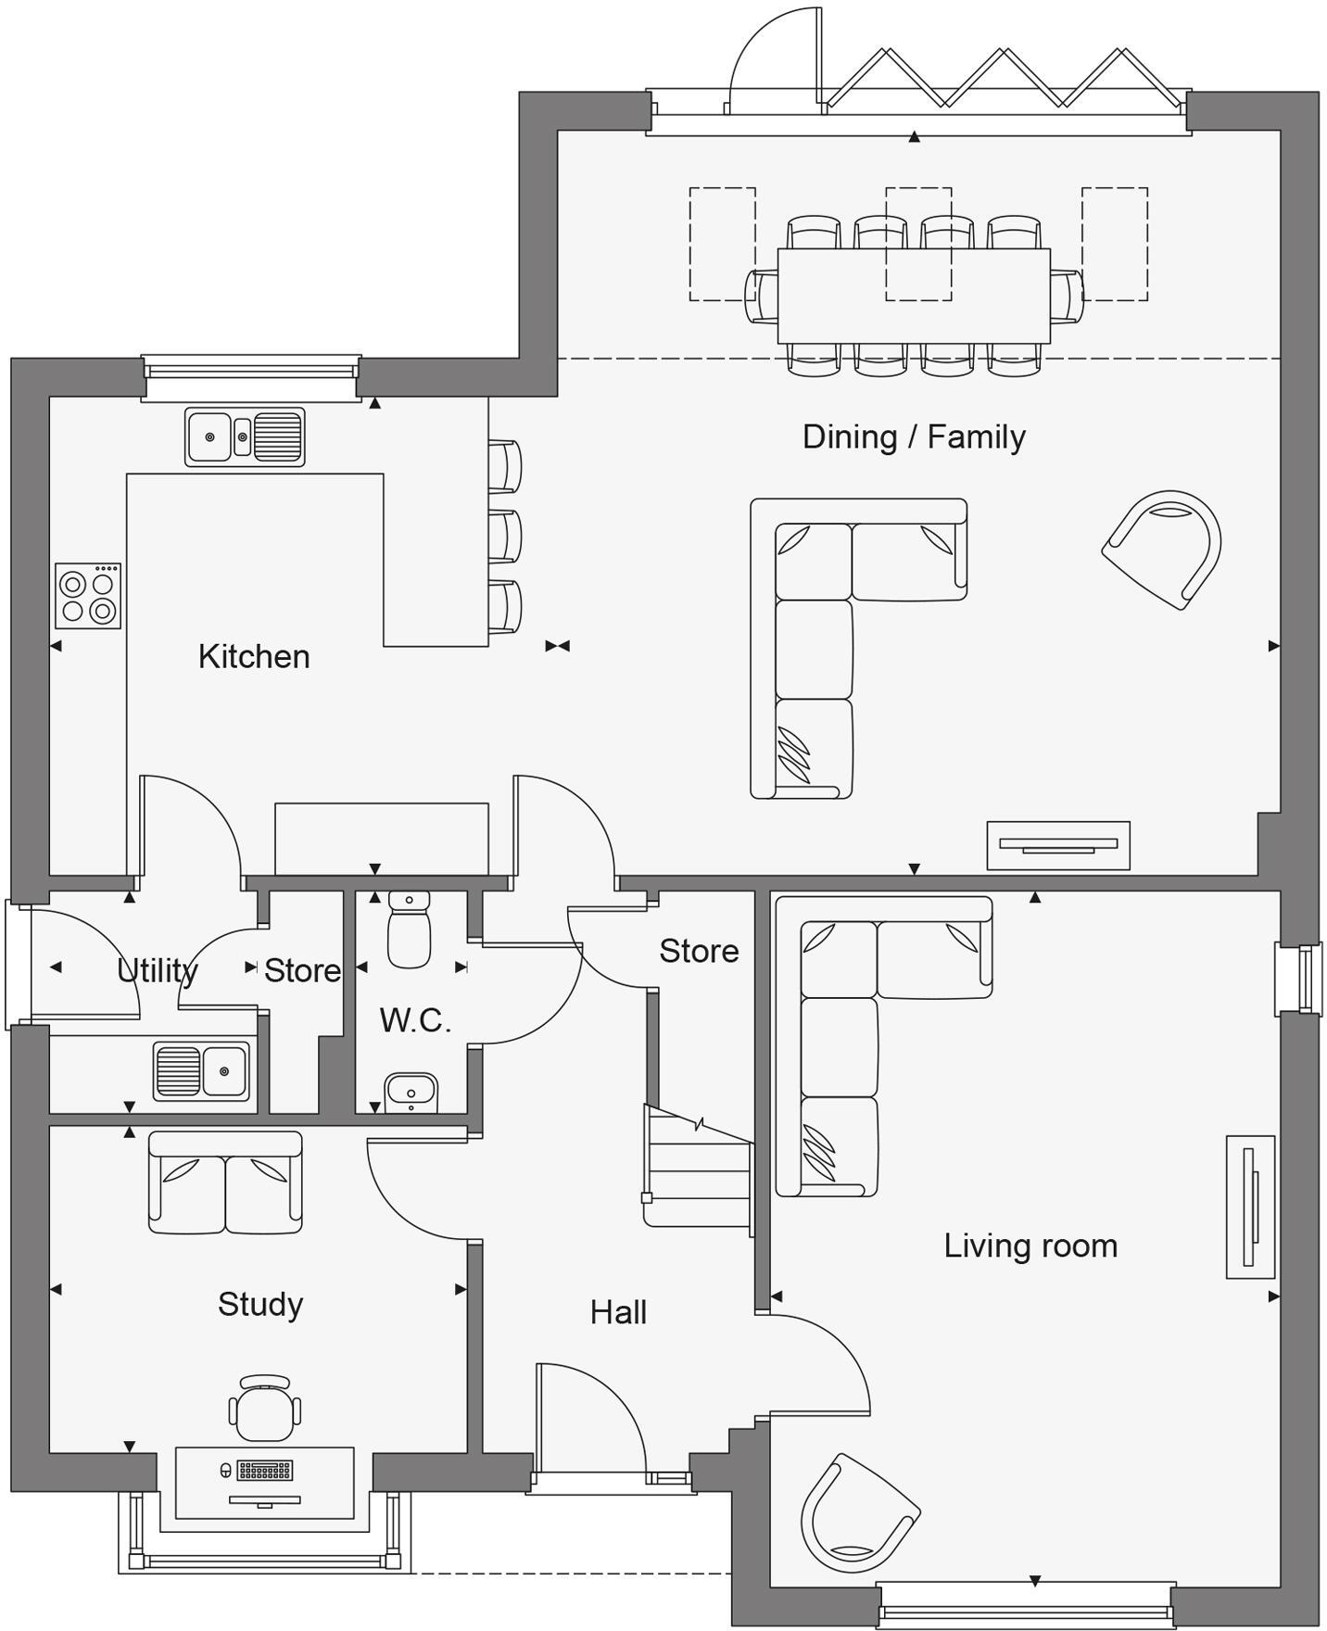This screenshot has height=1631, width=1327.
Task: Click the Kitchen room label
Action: pos(254,656)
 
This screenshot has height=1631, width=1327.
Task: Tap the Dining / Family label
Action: pos(914,436)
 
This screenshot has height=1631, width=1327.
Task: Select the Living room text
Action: pos(1030,1245)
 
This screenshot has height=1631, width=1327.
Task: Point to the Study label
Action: pos(260,1304)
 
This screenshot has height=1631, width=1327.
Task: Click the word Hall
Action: pos(618,1312)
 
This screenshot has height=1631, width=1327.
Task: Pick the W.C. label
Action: pos(415,1020)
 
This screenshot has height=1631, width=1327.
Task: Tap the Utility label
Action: pos(158,970)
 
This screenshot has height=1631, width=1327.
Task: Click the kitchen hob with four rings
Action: pos(88,596)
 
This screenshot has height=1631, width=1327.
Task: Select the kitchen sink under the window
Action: pos(245,436)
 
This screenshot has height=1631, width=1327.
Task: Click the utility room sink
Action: pos(202,1071)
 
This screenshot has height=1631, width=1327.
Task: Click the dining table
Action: pos(914,296)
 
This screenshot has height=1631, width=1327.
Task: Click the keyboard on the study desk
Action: pos(266,1470)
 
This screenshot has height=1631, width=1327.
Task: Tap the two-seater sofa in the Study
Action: pos(225,1182)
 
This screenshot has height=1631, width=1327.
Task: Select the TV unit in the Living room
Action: pos(1250,1207)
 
